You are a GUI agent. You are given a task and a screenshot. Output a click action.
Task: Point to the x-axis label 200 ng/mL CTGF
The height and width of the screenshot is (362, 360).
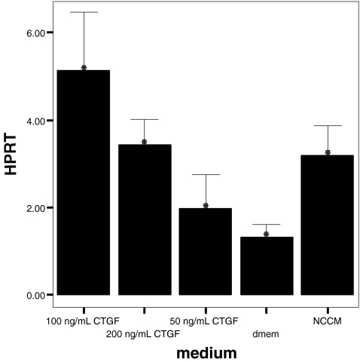point(143,333)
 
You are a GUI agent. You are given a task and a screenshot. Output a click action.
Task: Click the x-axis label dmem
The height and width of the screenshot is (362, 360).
point(266,333)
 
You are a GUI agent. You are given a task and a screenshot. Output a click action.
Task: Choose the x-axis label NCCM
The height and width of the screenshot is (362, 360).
point(328,321)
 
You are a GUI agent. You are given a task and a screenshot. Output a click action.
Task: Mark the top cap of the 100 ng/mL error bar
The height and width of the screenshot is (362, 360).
point(84,12)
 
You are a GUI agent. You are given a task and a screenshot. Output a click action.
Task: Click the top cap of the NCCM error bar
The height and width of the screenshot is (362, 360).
point(327,125)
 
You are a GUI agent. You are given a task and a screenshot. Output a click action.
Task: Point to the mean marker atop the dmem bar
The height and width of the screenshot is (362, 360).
point(266,234)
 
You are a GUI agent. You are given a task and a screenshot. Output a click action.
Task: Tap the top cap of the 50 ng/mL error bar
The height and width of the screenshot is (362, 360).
point(206,174)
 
